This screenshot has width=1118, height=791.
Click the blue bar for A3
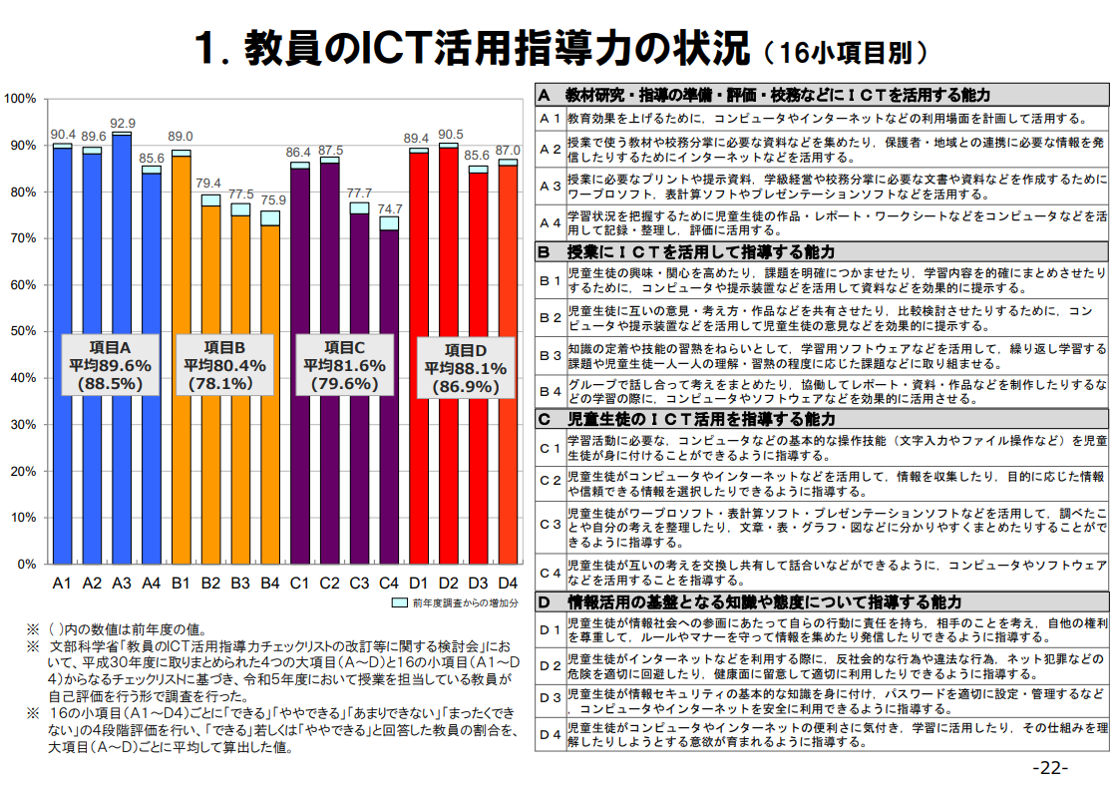pos(122,349)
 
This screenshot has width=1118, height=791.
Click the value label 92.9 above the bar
pos(123,123)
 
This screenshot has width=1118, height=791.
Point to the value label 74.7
pos(389,208)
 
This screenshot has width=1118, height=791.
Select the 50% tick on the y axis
pos(21,331)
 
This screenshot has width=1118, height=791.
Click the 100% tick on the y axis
pos(20,99)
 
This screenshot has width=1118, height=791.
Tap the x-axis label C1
pos(300,582)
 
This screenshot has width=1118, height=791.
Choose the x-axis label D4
pos(508,582)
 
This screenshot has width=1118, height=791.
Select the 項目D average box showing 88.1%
pos(466,368)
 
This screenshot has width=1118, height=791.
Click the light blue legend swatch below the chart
pos(399,603)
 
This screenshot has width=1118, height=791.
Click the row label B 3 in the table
pos(551,354)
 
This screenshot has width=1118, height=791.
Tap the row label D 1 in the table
pos(551,629)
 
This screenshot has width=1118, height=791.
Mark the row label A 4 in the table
pos(551,221)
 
